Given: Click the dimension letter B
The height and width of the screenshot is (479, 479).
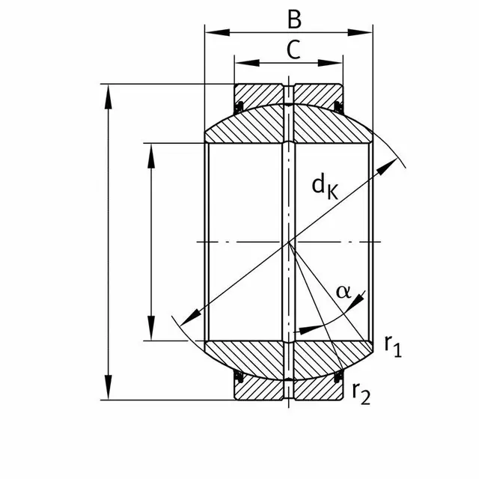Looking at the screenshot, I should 294,19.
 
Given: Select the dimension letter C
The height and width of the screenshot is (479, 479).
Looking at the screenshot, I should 294,49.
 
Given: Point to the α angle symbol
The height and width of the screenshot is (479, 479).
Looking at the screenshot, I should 343,291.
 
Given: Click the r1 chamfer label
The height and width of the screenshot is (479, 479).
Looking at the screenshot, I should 393,345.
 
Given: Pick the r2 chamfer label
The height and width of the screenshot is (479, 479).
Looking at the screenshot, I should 361,392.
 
